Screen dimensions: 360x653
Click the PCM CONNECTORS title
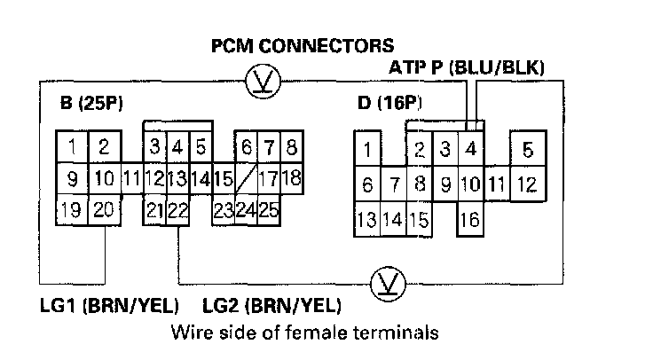pos(302,45)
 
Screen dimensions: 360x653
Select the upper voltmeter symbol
pos(263,82)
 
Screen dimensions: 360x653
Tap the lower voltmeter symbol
pos(388,283)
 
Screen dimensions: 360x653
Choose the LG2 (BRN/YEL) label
pos(271,307)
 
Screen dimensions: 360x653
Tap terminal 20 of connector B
pos(104,210)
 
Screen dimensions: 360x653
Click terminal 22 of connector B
pos(177,210)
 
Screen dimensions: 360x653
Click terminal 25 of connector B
pos(270,210)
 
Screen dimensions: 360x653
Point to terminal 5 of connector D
pos(527,149)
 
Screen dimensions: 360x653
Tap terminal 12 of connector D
pos(527,184)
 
